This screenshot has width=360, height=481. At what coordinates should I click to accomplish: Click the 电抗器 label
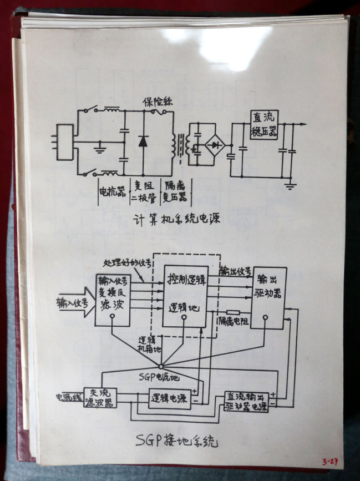click(x=112, y=191)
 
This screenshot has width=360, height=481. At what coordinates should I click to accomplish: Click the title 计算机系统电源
click(x=177, y=219)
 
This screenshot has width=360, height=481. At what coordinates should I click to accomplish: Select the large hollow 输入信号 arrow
click(x=75, y=303)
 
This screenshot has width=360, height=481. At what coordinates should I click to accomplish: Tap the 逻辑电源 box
click(x=169, y=398)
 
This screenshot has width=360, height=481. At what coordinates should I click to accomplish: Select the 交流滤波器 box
click(x=100, y=398)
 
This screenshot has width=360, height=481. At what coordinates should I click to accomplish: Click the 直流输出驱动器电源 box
click(x=247, y=402)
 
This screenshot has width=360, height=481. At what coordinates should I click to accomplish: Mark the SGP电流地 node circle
click(x=159, y=366)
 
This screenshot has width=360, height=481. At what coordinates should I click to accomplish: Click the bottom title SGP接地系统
click(x=177, y=441)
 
